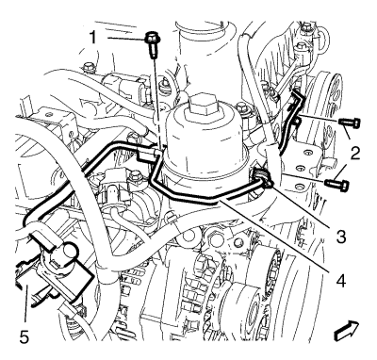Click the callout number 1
pyautogui.click(x=93, y=38)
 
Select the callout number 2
pyautogui.click(x=355, y=154)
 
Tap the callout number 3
pyautogui.click(x=341, y=237)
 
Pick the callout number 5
pyautogui.click(x=25, y=337)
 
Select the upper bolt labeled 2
pyautogui.click(x=350, y=123)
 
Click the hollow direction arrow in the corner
pyautogui.click(x=347, y=331)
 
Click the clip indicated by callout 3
pyautogui.click(x=263, y=178)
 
